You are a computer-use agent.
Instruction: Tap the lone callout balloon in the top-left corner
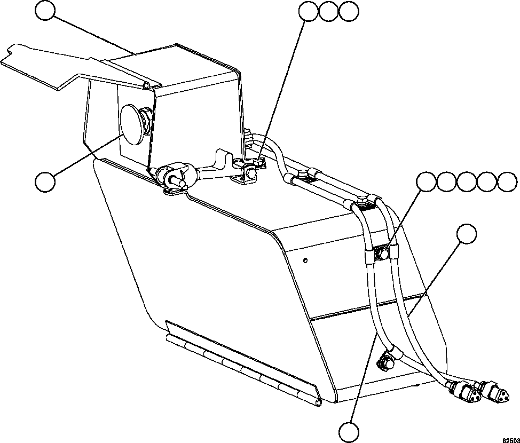tap(45, 11)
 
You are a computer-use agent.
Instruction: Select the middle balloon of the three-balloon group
tap(329, 11)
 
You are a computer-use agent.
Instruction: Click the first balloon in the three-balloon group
tap(309, 11)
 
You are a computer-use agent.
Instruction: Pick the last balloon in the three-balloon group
tap(349, 11)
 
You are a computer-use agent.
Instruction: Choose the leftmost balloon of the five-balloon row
tap(427, 181)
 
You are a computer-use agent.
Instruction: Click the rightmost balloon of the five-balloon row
tap(508, 181)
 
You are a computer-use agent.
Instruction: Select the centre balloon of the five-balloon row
tap(467, 181)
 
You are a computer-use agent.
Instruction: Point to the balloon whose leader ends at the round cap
tap(45, 182)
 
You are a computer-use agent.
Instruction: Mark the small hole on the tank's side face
tap(304, 260)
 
